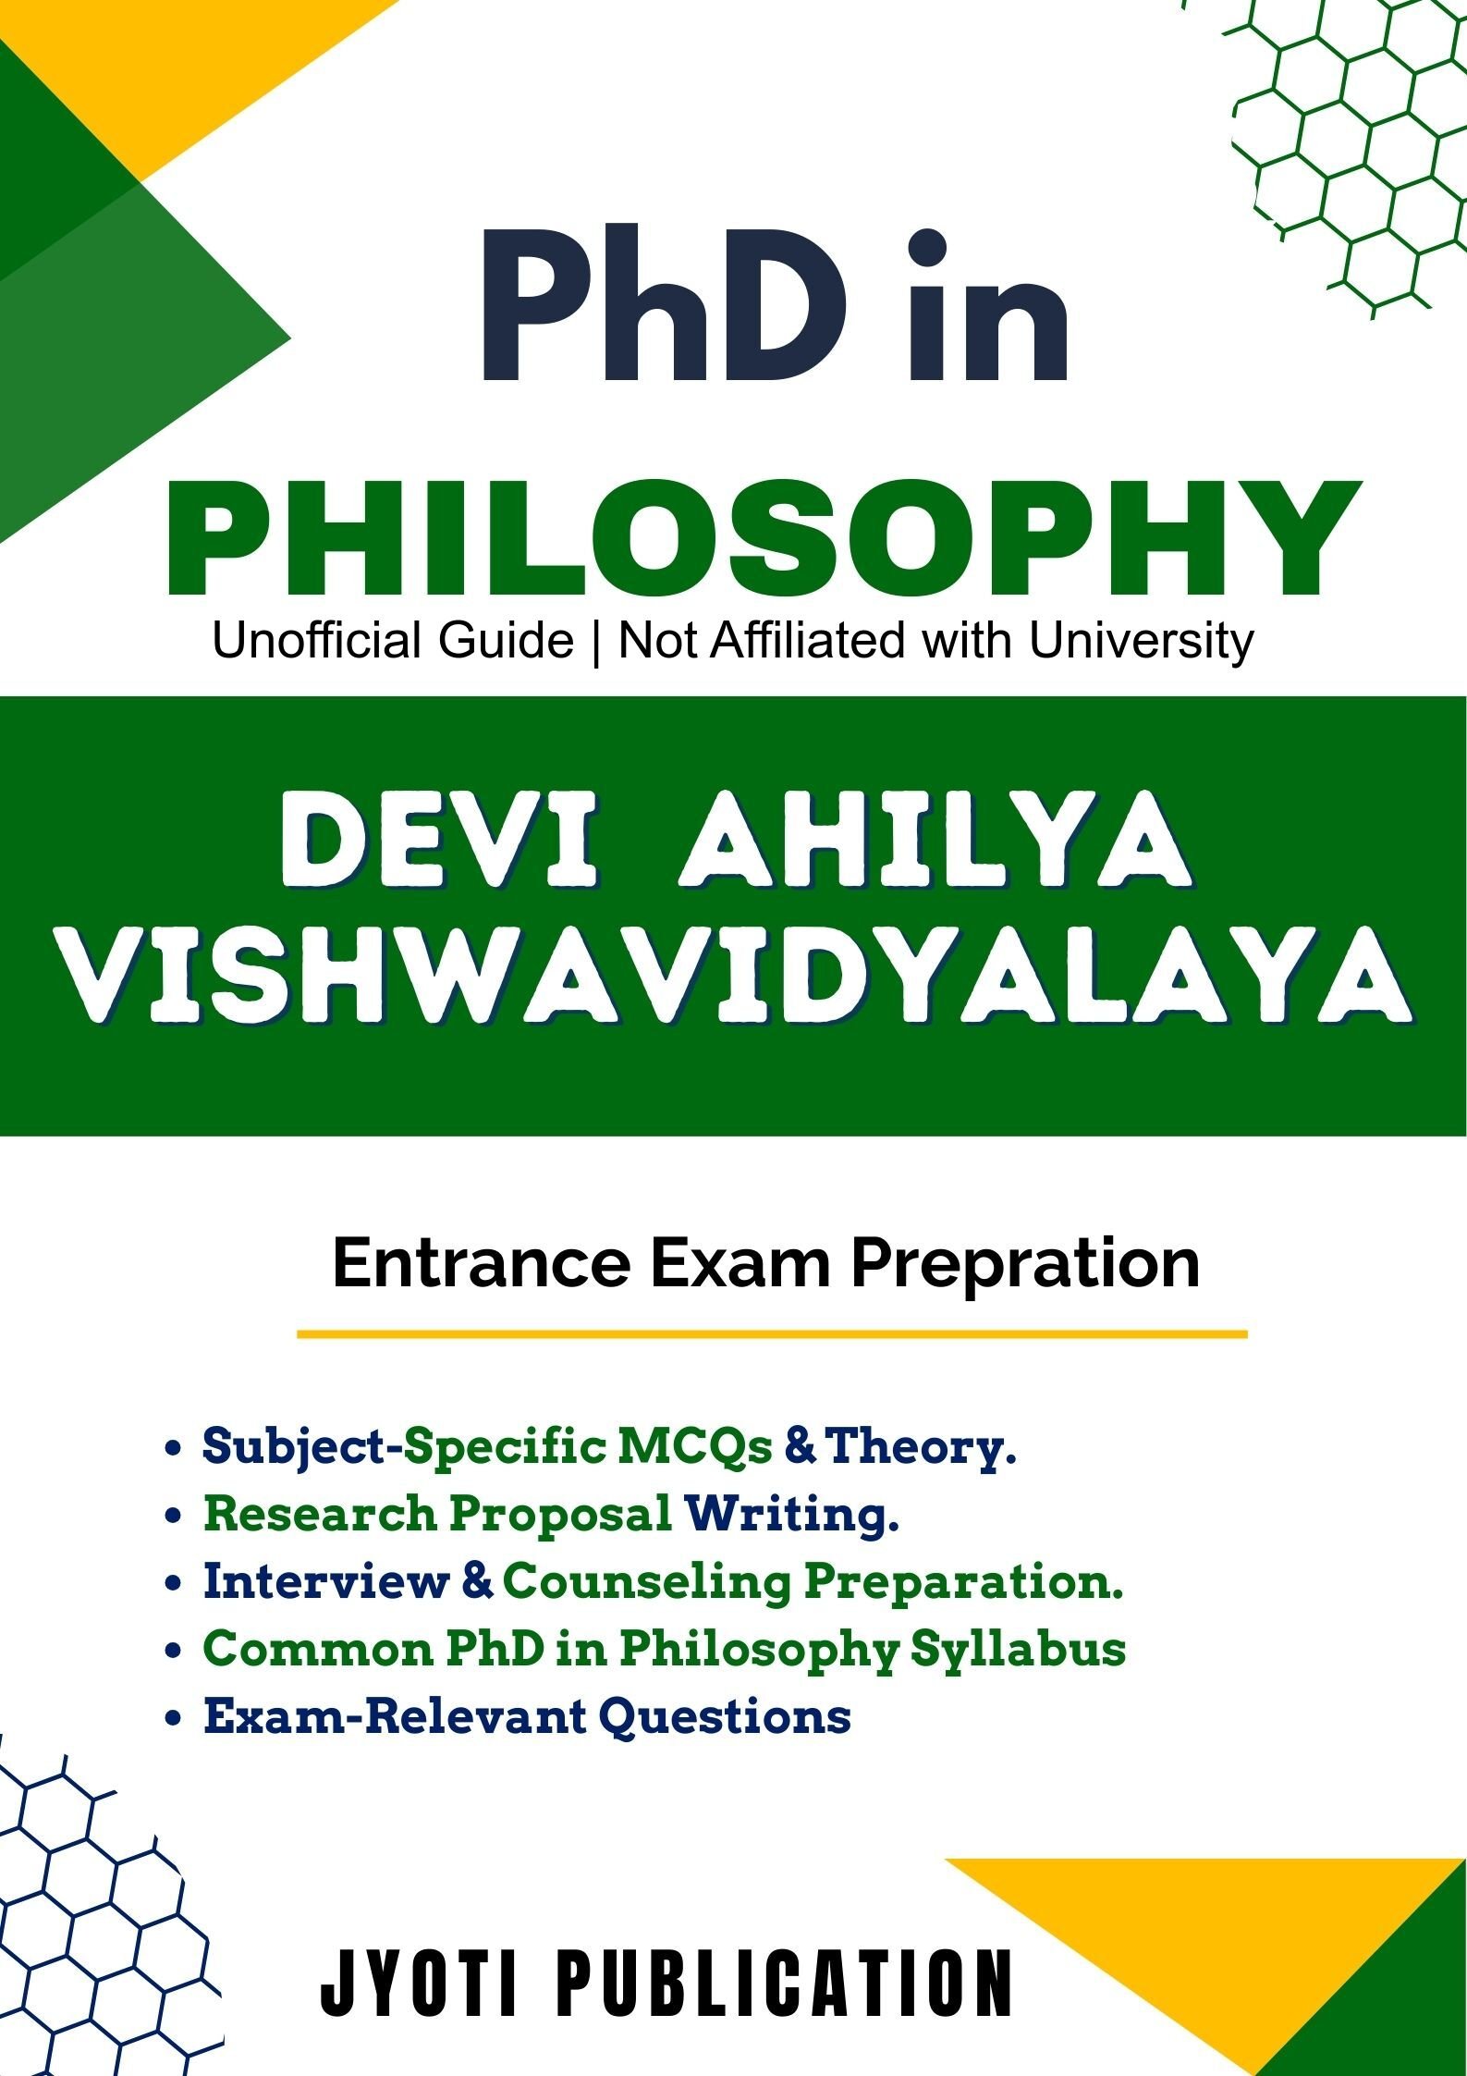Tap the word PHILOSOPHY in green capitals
click(764, 539)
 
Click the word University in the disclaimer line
click(1142, 642)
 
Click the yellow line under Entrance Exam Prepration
click(772, 1334)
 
